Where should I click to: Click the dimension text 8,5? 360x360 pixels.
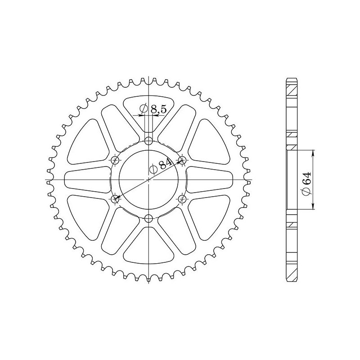pyautogui.click(x=158, y=108)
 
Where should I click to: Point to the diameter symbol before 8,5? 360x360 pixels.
pyautogui.click(x=143, y=108)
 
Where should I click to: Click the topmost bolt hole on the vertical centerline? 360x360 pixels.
pyautogui.click(x=148, y=139)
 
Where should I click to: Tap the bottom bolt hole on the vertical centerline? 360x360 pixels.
pyautogui.click(x=148, y=219)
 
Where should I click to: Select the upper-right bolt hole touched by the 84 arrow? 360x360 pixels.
pyautogui.click(x=183, y=160)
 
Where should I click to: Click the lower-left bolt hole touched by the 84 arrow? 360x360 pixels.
pyautogui.click(x=114, y=199)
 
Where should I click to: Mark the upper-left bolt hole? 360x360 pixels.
pyautogui.click(x=114, y=160)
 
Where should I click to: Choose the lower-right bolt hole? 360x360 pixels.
pyautogui.click(x=183, y=199)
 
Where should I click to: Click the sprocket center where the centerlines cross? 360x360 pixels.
pyautogui.click(x=148, y=180)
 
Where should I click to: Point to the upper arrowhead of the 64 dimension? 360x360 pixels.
pyautogui.click(x=314, y=152)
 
